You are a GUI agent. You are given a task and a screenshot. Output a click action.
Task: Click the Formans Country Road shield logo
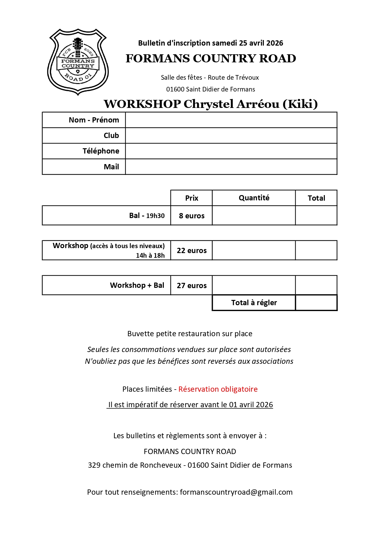pyautogui.click(x=78, y=62)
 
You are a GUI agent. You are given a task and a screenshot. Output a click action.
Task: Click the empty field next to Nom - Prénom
pyautogui.click(x=231, y=120)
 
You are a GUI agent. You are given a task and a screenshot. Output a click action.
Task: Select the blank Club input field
pyautogui.click(x=231, y=136)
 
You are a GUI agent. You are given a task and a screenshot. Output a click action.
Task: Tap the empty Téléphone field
pyautogui.click(x=231, y=151)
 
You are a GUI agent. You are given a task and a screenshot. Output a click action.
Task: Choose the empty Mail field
pyautogui.click(x=231, y=167)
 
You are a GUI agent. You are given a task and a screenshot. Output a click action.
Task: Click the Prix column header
pyautogui.click(x=191, y=198)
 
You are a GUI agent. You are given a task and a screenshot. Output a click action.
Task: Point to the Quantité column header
pyautogui.click(x=254, y=198)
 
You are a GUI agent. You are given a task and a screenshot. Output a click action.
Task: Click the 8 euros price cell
pyautogui.click(x=191, y=216)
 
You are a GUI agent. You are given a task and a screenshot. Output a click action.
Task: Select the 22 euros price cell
pyautogui.click(x=191, y=250)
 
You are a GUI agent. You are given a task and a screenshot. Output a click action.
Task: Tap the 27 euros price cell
pyautogui.click(x=191, y=285)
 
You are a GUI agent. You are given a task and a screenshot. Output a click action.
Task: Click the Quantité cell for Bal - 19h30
pyautogui.click(x=254, y=216)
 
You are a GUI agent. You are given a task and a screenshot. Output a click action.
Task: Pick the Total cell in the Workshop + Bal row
pyautogui.click(x=316, y=285)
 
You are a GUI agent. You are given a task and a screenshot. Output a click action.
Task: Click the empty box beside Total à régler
pyautogui.click(x=316, y=303)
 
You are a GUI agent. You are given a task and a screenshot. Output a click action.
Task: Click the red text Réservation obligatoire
pyautogui.click(x=218, y=389)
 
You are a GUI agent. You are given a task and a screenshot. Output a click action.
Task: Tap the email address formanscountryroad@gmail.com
pyautogui.click(x=236, y=492)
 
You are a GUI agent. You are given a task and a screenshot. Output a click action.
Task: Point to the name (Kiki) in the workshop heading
pyautogui.click(x=300, y=104)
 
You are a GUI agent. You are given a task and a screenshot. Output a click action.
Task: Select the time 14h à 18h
pyautogui.click(x=150, y=256)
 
